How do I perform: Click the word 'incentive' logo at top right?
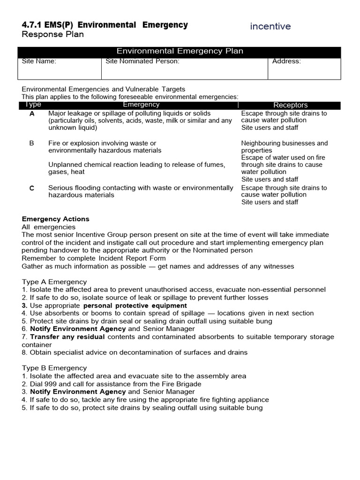[x=270, y=26]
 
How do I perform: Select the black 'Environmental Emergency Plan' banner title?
[x=180, y=51]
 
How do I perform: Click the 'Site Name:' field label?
[x=39, y=61]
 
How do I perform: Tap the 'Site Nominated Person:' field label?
[x=142, y=61]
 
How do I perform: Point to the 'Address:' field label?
[x=286, y=61]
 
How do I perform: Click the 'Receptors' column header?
[x=290, y=105]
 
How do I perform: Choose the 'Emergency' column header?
[x=141, y=105]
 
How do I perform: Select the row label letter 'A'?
[x=32, y=113]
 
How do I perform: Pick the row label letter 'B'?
[x=32, y=143]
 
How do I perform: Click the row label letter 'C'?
[x=32, y=188]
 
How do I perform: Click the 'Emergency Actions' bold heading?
[x=55, y=219]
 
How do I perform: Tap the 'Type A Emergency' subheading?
[x=54, y=282]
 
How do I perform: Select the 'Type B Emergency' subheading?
[x=54, y=368]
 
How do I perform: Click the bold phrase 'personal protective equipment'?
[x=135, y=305]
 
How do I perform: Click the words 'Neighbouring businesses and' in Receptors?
[x=285, y=143]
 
